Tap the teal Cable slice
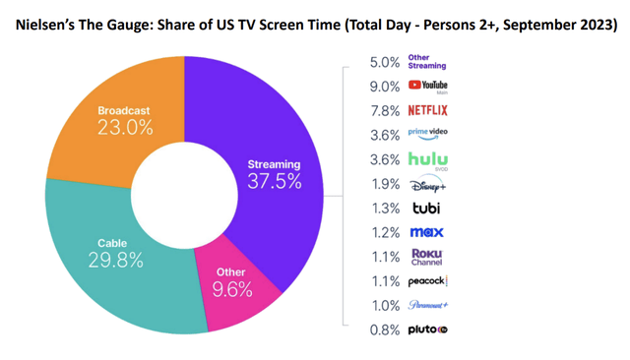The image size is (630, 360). click(108, 256)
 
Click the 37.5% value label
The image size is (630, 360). click(275, 181)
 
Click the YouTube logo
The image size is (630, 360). click(427, 86)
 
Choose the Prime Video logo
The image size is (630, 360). click(427, 134)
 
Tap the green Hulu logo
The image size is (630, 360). click(428, 158)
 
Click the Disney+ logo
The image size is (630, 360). click(426, 183)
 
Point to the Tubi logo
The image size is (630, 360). click(425, 207)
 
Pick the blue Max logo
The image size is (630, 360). click(426, 232)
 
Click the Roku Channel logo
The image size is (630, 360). click(426, 256)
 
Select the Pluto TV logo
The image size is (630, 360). click(428, 330)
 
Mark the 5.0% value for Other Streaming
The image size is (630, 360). click(385, 61)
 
